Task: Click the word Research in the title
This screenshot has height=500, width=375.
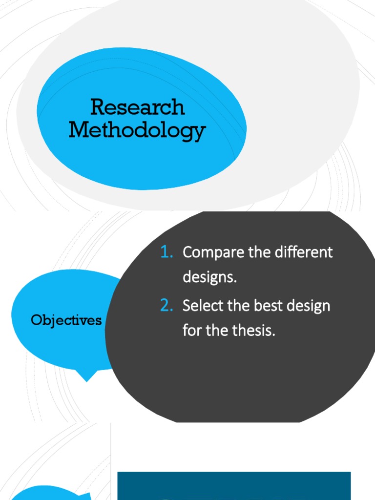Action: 138,107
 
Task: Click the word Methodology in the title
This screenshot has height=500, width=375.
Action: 137,130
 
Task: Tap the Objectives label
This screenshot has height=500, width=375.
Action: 66,320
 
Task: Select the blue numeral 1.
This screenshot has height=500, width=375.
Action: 167,252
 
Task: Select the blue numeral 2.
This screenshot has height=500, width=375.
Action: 167,306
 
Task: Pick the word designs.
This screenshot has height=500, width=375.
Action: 209,277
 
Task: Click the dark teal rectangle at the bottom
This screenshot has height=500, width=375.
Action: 234,485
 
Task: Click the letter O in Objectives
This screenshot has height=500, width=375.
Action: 35,320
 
